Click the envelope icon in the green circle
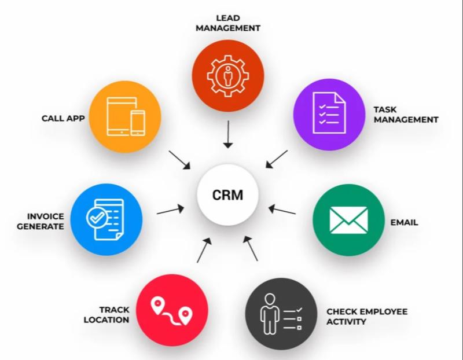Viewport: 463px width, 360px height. (348, 219)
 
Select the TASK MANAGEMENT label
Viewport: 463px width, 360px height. (405, 115)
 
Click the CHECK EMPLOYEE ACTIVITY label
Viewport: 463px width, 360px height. (367, 316)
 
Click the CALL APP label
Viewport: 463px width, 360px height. (63, 118)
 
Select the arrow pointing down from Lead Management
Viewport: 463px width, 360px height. (228, 134)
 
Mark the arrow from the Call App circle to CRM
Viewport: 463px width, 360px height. (179, 160)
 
